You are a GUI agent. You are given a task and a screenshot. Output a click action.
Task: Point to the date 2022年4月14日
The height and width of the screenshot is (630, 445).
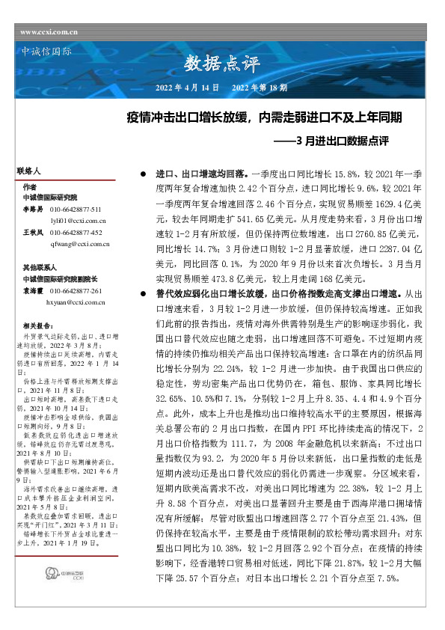point(186,88)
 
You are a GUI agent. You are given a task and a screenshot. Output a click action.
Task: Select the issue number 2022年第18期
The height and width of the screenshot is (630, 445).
point(260,88)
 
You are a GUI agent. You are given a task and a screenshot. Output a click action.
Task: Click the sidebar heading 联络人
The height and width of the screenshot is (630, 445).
point(28,171)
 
